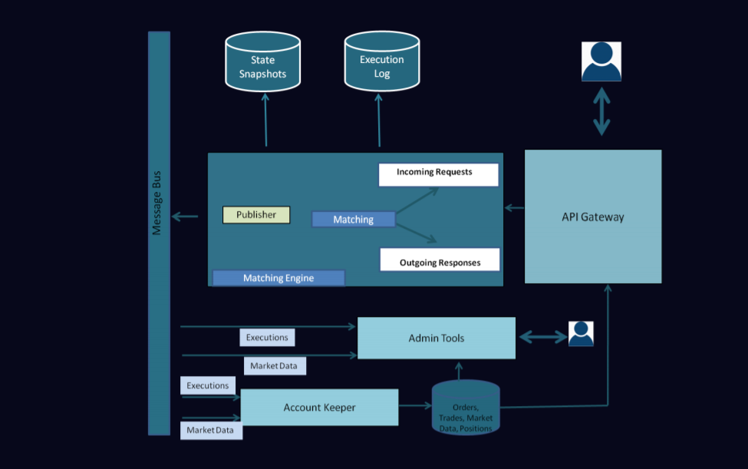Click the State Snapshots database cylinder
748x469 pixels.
point(262,62)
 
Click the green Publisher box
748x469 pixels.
point(256,215)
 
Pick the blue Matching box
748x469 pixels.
point(353,220)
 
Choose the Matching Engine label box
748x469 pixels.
point(278,278)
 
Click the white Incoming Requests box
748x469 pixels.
point(438,174)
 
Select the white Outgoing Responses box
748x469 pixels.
point(440,260)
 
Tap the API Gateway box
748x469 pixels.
point(593,216)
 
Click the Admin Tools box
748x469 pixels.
point(437,338)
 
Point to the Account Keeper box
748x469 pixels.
point(319,408)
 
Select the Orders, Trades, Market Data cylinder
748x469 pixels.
point(466,408)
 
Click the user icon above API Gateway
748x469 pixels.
point(601,61)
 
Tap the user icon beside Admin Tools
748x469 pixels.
point(581,334)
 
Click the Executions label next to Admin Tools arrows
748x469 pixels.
point(267,337)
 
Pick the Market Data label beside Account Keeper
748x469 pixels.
point(211,431)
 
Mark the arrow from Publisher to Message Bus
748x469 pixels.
point(184,216)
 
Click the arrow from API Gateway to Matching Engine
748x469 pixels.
point(514,207)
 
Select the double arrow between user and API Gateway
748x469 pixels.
point(601,111)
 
